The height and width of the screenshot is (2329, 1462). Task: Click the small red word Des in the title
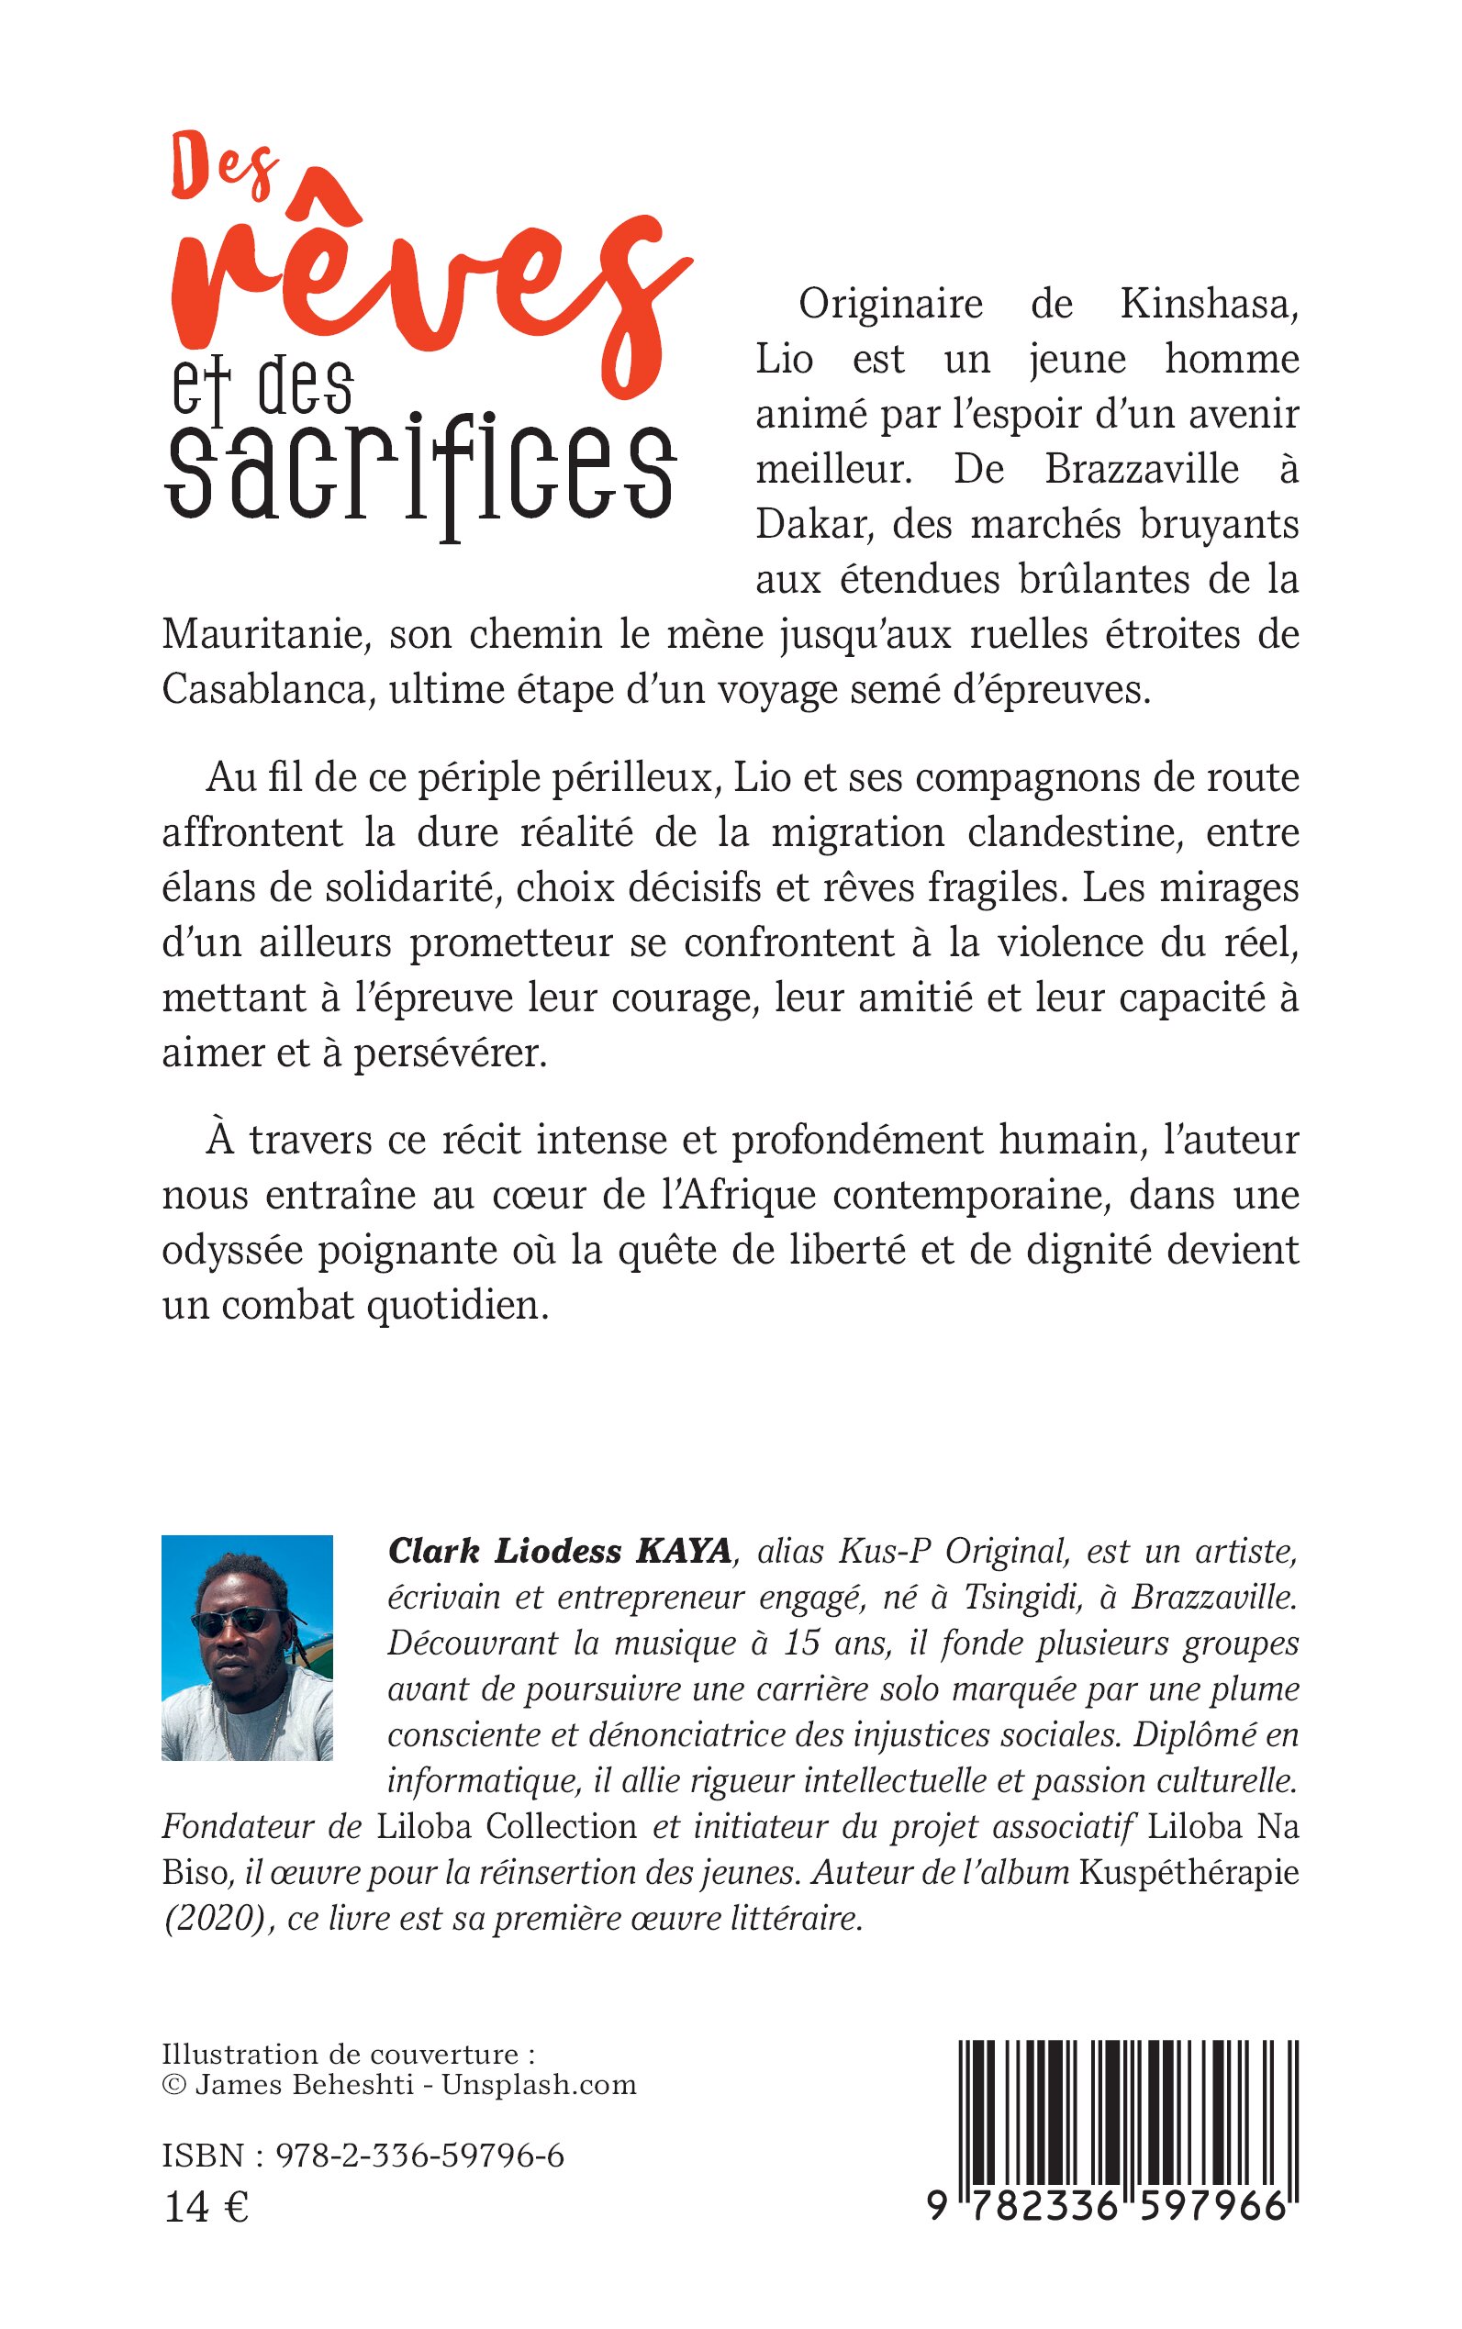click(224, 169)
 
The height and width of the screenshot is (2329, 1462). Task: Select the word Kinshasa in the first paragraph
click(1209, 305)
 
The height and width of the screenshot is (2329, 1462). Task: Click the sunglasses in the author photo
click(235, 1621)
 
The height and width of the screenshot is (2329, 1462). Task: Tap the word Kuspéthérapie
click(1189, 1873)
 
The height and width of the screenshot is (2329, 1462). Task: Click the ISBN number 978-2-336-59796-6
click(419, 2156)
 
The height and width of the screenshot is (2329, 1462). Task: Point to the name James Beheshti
click(305, 2084)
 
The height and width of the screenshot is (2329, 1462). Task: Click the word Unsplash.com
click(540, 2084)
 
